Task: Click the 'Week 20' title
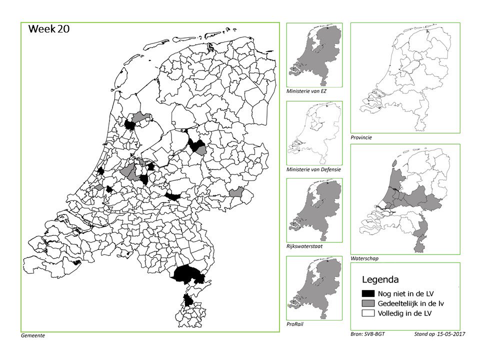[49, 29]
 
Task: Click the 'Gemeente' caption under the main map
[33, 335]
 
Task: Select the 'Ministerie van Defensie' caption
[314, 169]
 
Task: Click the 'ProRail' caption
[295, 324]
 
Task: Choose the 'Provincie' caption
[361, 137]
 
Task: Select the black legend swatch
[369, 293]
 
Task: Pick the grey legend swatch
[369, 303]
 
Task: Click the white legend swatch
[369, 314]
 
